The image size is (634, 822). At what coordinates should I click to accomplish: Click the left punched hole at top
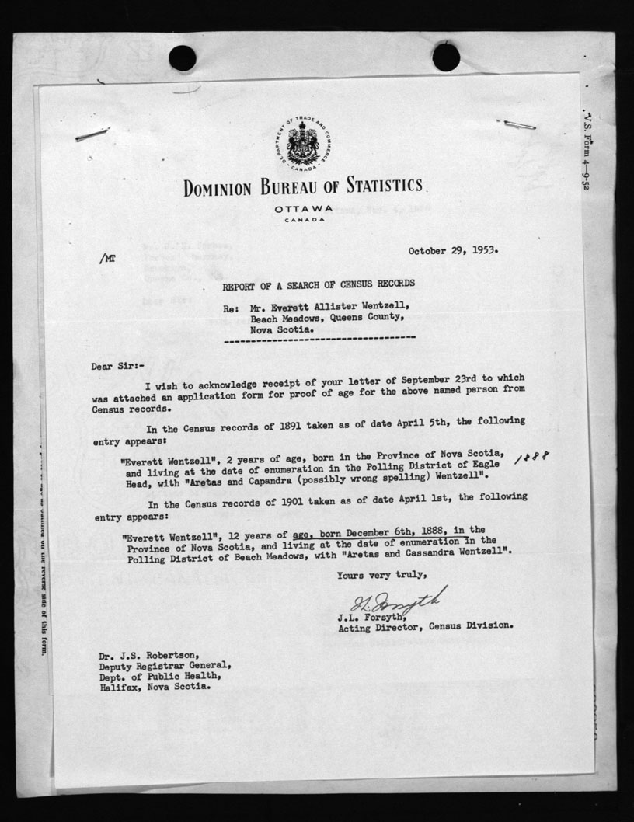click(182, 57)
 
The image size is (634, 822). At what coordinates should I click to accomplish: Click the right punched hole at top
click(446, 57)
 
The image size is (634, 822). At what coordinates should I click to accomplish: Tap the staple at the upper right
click(519, 124)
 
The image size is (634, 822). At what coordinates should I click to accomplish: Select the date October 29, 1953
click(453, 251)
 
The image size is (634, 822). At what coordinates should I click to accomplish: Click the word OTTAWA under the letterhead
click(304, 209)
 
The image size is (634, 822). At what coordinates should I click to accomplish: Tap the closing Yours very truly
click(381, 575)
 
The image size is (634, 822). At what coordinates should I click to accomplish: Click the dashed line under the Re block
click(319, 340)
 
